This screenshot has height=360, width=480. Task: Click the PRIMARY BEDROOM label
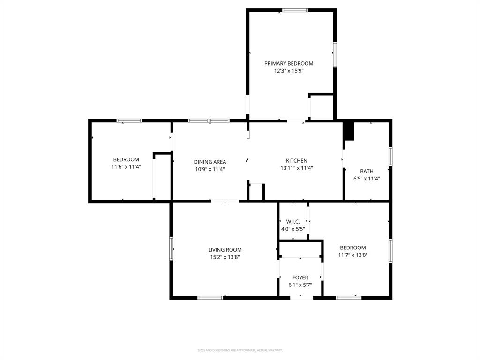click(x=289, y=64)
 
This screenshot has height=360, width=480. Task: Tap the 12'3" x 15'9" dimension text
click(x=289, y=71)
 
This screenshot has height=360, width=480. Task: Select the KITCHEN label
click(x=297, y=161)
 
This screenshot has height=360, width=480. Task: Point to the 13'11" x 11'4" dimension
click(x=297, y=168)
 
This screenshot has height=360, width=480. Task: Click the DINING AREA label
click(x=210, y=162)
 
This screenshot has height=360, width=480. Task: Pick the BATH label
click(x=367, y=171)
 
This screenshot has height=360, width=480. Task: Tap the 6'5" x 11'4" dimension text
click(x=367, y=179)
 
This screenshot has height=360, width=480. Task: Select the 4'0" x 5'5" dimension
click(x=293, y=229)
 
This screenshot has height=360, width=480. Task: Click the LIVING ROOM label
click(x=225, y=250)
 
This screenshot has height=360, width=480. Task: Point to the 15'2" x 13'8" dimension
click(x=225, y=257)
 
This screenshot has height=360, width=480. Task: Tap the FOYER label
click(x=300, y=277)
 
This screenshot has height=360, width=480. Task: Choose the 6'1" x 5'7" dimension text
click(x=300, y=285)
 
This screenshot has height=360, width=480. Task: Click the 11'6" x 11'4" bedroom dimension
click(x=126, y=167)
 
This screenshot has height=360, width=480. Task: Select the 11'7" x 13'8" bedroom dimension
click(x=353, y=255)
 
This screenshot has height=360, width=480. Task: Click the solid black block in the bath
click(x=349, y=131)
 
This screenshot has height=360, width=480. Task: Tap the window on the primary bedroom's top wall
click(x=295, y=10)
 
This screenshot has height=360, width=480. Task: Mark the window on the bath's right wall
click(x=390, y=156)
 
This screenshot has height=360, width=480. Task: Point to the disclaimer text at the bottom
click(x=240, y=350)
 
